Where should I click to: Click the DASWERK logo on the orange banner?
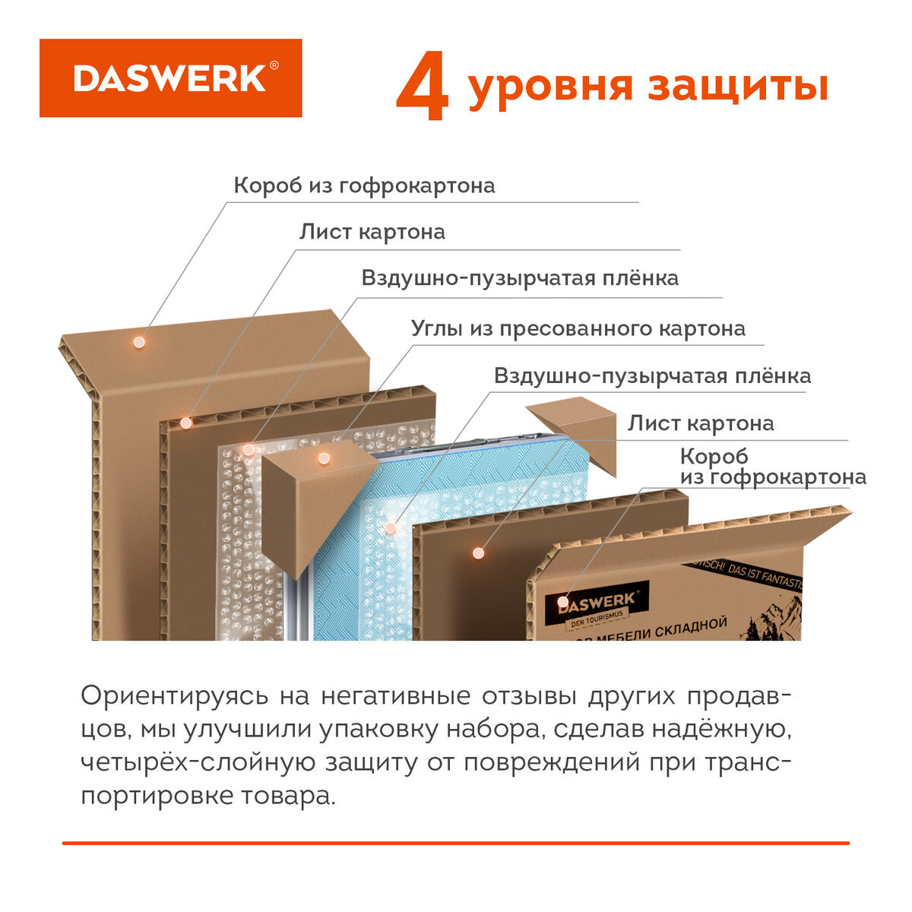(169, 78)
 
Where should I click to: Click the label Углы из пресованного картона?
(578, 328)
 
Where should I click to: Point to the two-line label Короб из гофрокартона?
(772, 467)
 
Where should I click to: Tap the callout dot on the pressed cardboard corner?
(324, 458)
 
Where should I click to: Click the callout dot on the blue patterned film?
(391, 527)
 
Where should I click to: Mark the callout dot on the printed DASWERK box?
(562, 602)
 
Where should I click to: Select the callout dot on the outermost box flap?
(139, 342)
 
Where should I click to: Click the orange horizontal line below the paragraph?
(456, 843)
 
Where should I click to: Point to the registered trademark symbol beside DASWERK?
(274, 66)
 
